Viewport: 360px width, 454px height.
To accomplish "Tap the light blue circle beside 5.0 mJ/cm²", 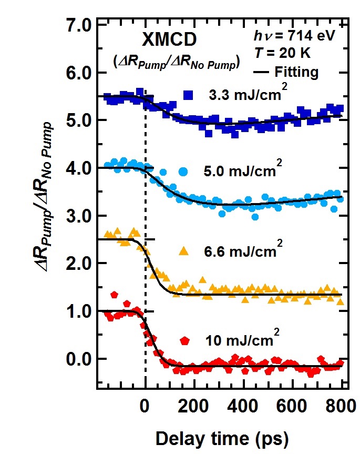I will pyautogui.click(x=183, y=171).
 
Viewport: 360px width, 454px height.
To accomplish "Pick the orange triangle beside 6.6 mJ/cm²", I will pyautogui.click(x=184, y=250).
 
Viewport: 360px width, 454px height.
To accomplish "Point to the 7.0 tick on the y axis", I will pyautogui.click(x=78, y=25).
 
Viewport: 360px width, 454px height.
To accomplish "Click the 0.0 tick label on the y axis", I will pyautogui.click(x=78, y=359).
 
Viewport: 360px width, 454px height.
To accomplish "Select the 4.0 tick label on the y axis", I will pyautogui.click(x=78, y=168).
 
